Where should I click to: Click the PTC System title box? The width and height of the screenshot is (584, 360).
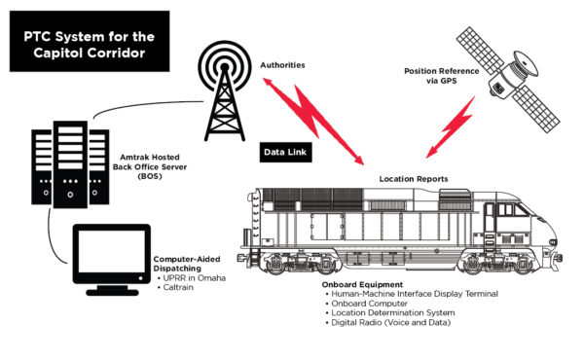[77, 43]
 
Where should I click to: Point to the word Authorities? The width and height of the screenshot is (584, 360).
[283, 65]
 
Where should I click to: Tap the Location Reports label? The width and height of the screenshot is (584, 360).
[414, 179]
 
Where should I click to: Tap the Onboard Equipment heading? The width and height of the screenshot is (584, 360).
[360, 285]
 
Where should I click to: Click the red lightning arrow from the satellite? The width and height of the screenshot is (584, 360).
[458, 122]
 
